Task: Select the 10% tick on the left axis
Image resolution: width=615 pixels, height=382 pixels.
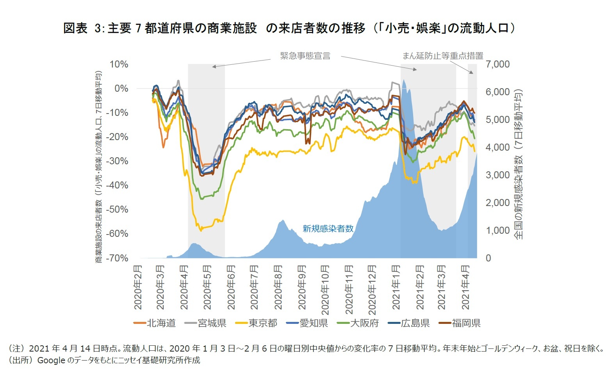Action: point(119,64)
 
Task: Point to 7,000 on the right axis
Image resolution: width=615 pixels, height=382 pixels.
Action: point(497,64)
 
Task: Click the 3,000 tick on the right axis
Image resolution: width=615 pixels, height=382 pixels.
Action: point(497,175)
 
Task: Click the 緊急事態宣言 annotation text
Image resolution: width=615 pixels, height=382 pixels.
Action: point(305,56)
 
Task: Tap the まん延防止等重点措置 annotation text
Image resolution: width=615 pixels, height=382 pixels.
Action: point(443,56)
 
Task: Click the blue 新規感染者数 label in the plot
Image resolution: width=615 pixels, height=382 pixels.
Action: point(328,229)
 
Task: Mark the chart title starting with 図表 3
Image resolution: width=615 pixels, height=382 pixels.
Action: point(289,28)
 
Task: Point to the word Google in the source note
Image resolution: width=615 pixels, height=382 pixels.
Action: point(51,360)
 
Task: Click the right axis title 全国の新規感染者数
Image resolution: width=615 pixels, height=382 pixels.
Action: point(518,164)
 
